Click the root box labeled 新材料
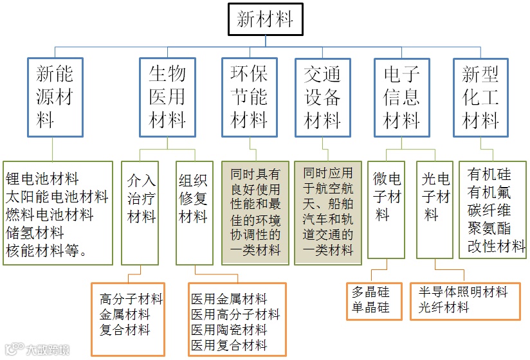coord(265,19)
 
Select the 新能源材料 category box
coord(55,98)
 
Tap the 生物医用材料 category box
coord(167,98)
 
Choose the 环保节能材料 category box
coord(249,98)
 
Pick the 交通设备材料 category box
coord(322,98)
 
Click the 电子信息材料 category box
coord(401,98)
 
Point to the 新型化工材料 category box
coord(480,98)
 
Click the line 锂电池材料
coord(42,178)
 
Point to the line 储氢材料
coord(35,232)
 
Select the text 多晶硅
coord(371,292)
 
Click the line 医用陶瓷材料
coord(229,330)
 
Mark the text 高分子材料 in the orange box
coord(131,299)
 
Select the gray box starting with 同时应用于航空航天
coord(329,212)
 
